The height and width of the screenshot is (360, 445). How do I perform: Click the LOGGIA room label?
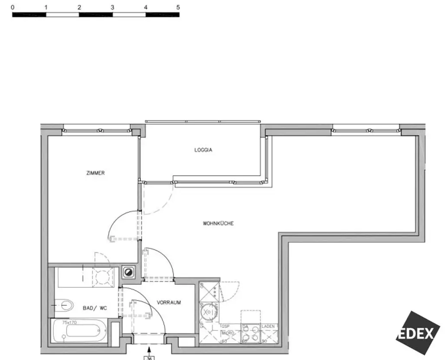pos(203,150)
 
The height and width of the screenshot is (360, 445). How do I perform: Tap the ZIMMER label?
pos(96,173)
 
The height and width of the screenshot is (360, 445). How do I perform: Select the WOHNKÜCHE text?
pos(218,224)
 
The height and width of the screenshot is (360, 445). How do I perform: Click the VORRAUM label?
pos(169,303)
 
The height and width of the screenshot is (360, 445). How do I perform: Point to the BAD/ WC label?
pos(94,308)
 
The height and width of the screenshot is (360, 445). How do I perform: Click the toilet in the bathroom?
pos(65,305)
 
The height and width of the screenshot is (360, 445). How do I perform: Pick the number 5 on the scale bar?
pos(178,7)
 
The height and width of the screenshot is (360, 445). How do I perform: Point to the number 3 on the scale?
pos(112,7)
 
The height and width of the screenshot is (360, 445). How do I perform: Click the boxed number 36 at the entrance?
pos(149,358)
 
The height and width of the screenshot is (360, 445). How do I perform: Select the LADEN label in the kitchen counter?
pos(268,326)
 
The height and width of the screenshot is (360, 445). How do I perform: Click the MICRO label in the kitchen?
pos(229,333)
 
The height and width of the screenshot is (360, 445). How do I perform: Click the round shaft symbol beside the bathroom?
pos(129,272)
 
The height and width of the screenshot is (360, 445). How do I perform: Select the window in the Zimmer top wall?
pos(96,130)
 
